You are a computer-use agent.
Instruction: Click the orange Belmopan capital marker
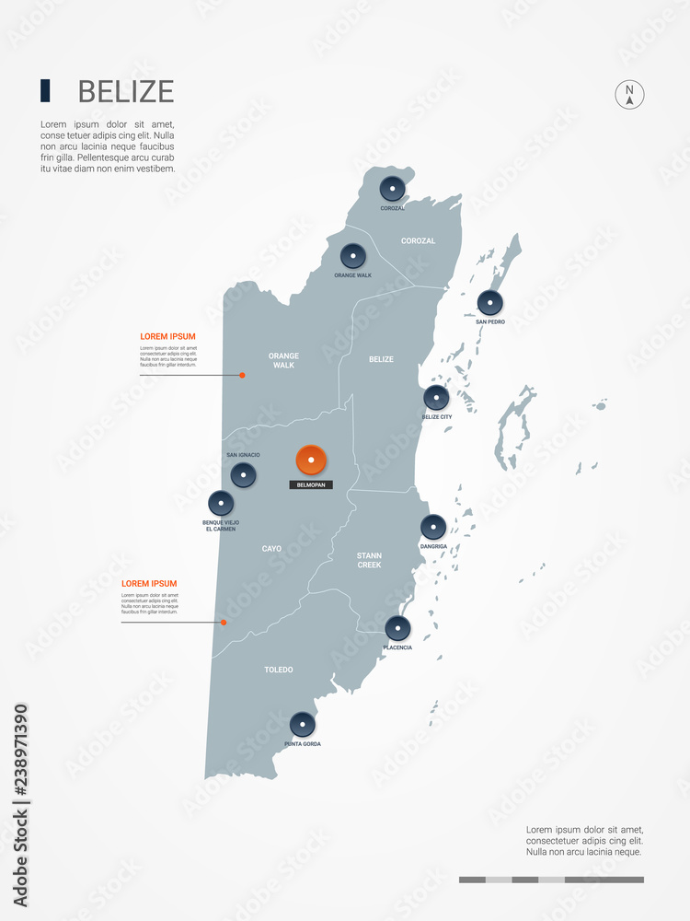pos(311,460)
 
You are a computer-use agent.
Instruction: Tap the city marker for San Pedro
pos(489,302)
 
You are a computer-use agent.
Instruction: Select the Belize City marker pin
pos(436,398)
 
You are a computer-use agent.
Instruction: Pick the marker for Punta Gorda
pos(302,725)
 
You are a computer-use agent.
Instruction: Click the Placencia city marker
pos(397,628)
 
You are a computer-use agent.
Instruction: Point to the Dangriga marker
pos(433,527)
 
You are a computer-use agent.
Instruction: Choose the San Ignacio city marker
pos(243,475)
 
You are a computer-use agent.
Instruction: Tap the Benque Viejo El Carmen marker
pos(221,503)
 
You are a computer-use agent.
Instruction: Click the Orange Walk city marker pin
pos(352,256)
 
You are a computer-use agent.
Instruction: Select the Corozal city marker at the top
pos(392,189)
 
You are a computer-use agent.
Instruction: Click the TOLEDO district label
pos(278,670)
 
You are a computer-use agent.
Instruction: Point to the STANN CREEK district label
pos(369,560)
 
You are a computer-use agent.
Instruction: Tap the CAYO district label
pos(271,549)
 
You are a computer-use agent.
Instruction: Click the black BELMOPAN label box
pos(311,484)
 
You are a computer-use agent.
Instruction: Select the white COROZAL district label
pos(418,241)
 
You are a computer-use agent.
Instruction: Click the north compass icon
pos(629,94)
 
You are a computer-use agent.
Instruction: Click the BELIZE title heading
pos(125,91)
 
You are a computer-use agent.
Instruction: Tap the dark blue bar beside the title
pos(45,90)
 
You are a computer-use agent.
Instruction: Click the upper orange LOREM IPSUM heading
pos(167,337)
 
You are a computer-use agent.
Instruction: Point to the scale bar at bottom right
pos(551,880)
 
